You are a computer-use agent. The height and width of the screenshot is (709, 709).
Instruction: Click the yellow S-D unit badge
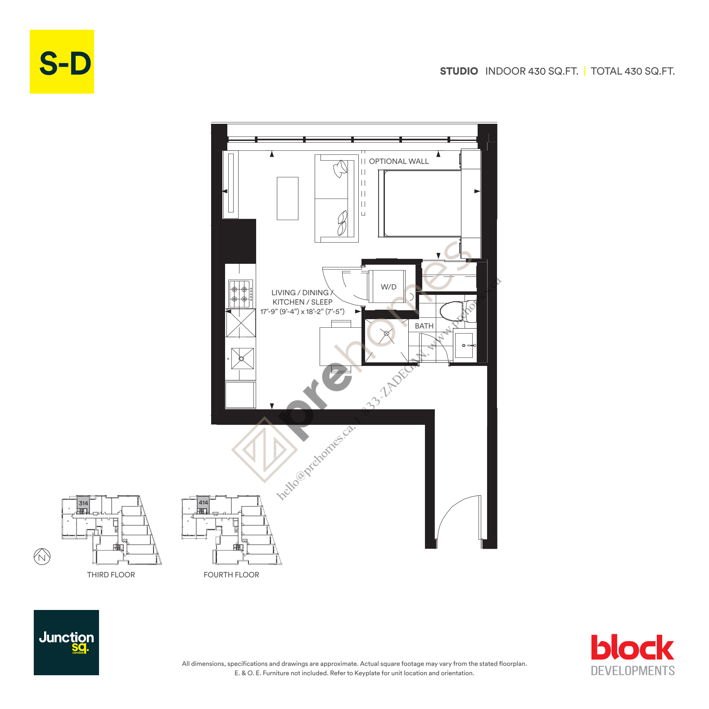(x=62, y=62)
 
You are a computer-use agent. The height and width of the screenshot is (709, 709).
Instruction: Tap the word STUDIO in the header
(x=459, y=71)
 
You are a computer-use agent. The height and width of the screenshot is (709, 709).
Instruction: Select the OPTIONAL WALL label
(x=398, y=161)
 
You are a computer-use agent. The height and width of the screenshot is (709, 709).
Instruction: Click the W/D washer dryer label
(x=388, y=287)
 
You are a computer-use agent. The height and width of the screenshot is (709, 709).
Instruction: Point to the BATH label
(x=424, y=326)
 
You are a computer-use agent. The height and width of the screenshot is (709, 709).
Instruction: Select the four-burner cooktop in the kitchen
(x=240, y=294)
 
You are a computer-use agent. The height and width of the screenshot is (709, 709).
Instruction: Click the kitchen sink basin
(x=242, y=358)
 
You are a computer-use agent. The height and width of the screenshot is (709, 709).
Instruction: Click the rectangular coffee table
(x=288, y=198)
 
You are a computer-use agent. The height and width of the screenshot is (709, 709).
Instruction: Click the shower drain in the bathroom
(x=386, y=334)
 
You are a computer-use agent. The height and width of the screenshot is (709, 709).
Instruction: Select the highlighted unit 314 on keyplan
(x=83, y=503)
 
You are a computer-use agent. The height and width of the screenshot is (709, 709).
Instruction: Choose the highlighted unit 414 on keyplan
(x=203, y=502)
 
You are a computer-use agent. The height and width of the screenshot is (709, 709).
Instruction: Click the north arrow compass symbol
(x=42, y=557)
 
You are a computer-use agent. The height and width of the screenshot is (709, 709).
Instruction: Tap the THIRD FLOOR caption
(x=111, y=575)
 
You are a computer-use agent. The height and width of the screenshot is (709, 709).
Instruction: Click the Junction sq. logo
(x=66, y=642)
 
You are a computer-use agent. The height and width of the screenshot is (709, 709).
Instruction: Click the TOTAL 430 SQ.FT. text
(x=632, y=71)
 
